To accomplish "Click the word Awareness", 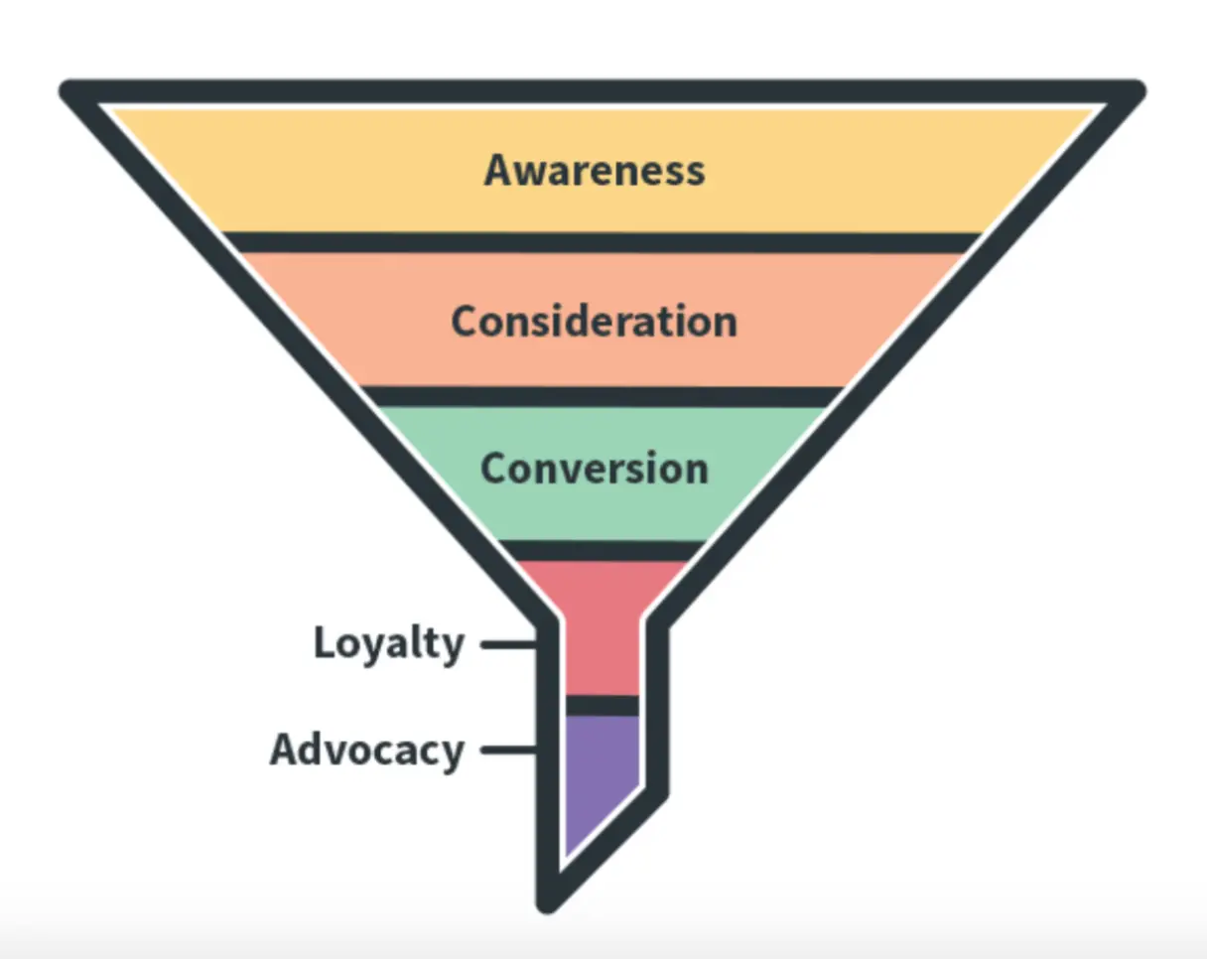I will [595, 170].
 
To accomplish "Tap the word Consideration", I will [595, 322].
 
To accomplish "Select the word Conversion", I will [595, 469].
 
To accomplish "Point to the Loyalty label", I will [388, 644].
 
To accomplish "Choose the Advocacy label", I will [366, 750].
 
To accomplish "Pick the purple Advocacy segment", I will [599, 774].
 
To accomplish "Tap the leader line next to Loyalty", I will [508, 645].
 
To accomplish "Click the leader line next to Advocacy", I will [508, 751].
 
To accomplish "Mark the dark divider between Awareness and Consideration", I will [602, 243].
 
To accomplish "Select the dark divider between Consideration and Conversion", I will [602, 396].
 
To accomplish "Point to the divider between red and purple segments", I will [602, 705].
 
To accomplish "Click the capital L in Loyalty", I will [325, 643].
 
